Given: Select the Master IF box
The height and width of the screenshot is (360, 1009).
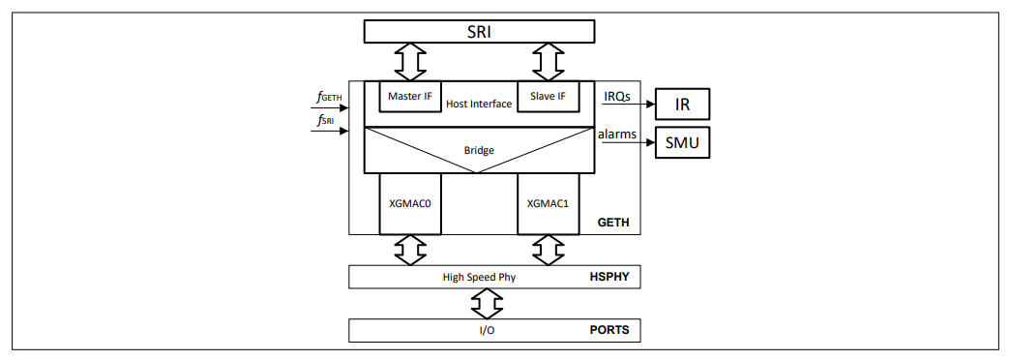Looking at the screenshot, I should pos(409,97).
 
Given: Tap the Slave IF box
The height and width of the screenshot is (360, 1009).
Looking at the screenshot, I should pos(549,97).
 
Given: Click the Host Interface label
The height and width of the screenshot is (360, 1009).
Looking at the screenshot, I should pos(478,104).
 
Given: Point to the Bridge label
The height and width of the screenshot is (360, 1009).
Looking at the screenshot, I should pos(478,151).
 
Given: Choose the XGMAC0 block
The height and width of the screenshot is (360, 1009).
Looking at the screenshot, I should pos(410,204).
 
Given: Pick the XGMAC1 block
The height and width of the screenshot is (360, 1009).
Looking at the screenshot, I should pos(548,204).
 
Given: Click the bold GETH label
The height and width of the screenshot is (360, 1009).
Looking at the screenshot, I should pos(613,223).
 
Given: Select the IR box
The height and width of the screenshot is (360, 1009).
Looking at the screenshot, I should pos(682,104).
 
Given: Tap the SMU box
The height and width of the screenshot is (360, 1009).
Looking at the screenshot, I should pos(682,143).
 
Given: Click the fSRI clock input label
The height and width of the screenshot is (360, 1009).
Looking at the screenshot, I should pos(326,120).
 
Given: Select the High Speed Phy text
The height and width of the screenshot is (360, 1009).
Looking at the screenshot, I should pos(478,277).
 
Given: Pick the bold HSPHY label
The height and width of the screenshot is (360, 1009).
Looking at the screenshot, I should pos(609,277).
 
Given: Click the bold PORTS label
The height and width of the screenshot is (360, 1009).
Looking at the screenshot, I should pos(609,330).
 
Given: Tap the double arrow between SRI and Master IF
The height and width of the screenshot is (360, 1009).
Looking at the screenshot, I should pos(410,62).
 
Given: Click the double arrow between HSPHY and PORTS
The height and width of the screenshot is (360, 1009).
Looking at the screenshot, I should pos(480,303).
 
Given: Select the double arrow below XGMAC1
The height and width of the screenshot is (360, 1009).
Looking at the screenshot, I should pos(548,250).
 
